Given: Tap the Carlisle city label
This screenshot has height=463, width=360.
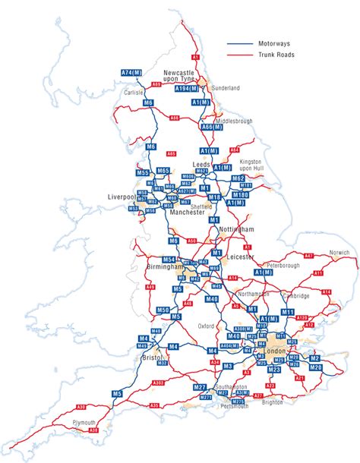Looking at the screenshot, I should pyautogui.click(x=134, y=93).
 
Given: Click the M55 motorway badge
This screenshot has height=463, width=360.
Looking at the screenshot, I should pyautogui.click(x=142, y=174).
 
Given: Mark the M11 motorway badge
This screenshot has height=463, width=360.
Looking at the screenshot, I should pyautogui.click(x=288, y=312).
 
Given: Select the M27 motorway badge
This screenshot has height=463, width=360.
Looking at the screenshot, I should pyautogui.click(x=200, y=387).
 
